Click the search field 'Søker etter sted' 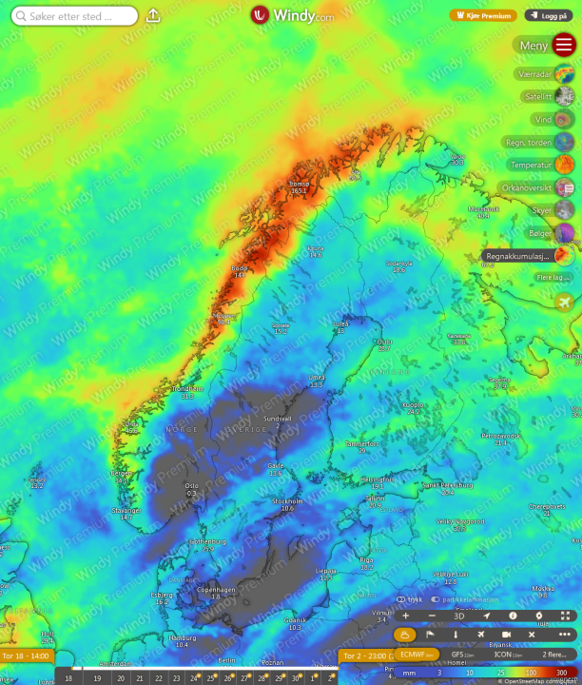click(x=71, y=16)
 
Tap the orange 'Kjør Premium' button click(x=483, y=15)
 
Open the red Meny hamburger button click(x=563, y=45)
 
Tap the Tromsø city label click(x=299, y=183)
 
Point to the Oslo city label click(x=192, y=485)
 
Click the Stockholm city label click(x=287, y=500)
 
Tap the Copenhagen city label click(x=215, y=590)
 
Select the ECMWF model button click(x=414, y=655)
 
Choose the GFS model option click(x=463, y=655)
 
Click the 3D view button click(x=459, y=616)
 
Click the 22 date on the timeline click(x=158, y=678)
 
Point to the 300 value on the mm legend click(x=560, y=673)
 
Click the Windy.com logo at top click(x=292, y=15)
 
